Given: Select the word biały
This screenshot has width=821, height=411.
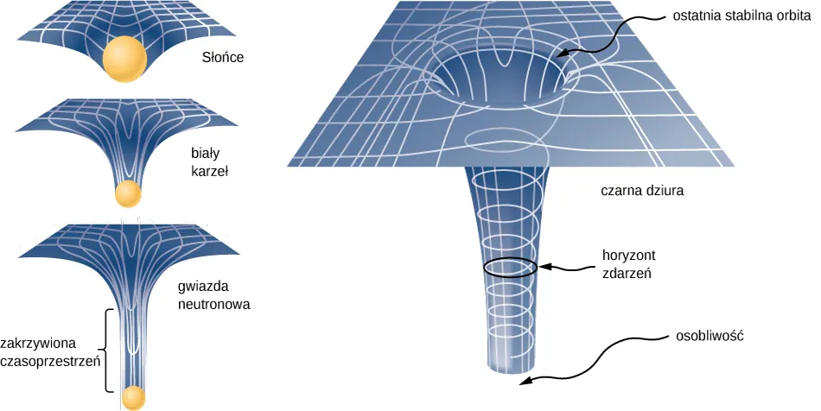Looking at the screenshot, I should pos(205,154).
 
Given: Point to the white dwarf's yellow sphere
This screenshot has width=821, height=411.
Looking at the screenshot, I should pos(128,193).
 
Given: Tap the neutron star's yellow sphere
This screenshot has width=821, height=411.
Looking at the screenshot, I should pos(132,397).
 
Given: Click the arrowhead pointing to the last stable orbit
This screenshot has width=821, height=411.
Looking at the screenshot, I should pos(560,54).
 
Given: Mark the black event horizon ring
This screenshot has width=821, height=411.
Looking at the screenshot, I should pos(510,267).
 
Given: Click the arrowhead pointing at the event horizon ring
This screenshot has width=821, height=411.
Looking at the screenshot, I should pos(543,266).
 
